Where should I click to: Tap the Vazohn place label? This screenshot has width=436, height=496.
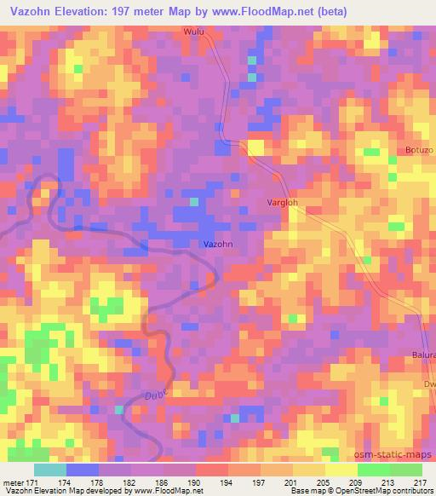click(217, 244)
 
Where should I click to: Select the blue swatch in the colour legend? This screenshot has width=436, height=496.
click(82, 470)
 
